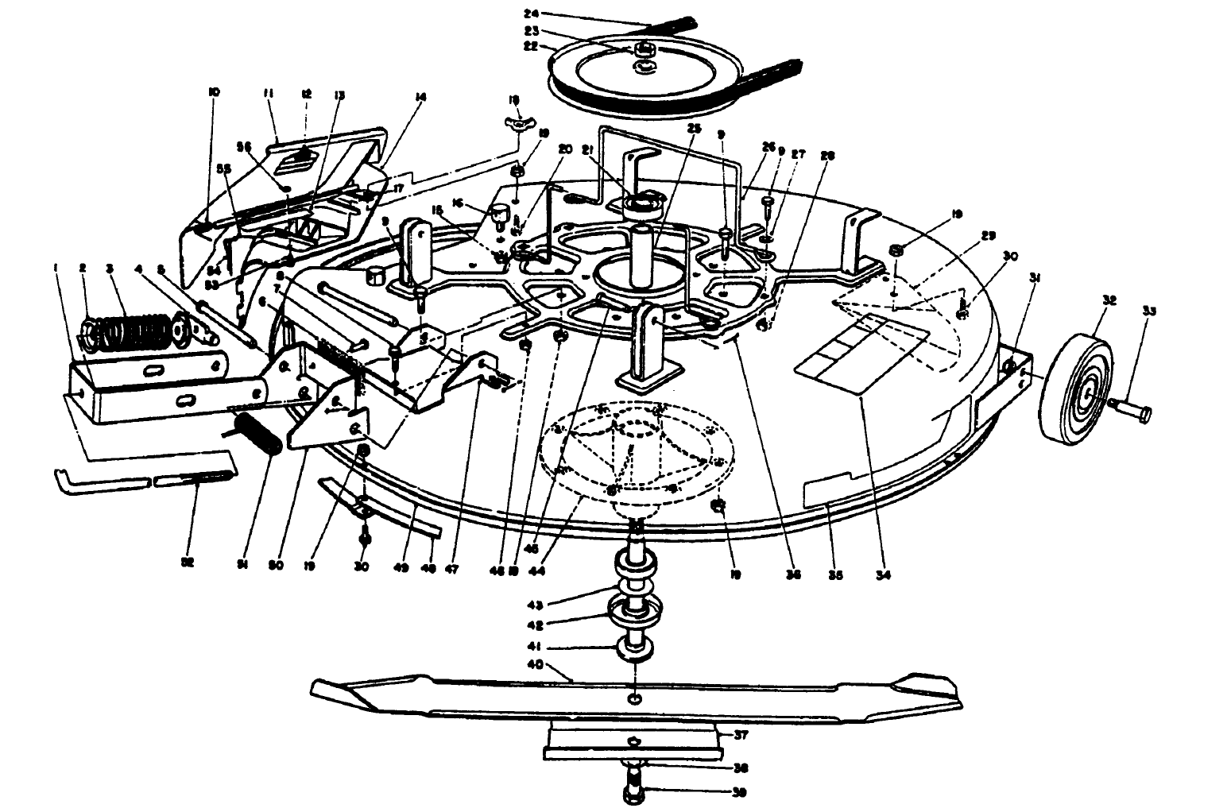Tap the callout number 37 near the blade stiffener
pyautogui.click(x=740, y=735)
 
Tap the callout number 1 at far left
pyautogui.click(x=56, y=269)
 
